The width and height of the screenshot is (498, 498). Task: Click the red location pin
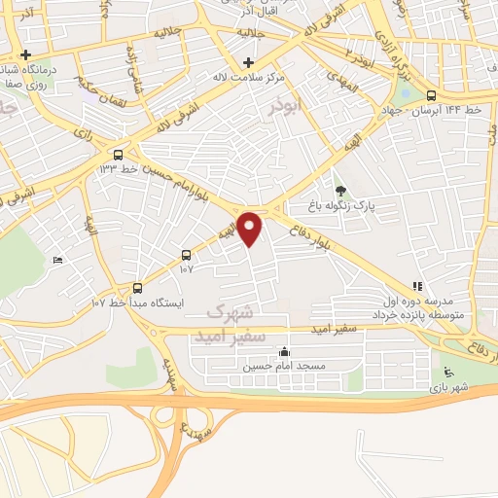[251, 228]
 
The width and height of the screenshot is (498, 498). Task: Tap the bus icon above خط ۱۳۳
[119, 154]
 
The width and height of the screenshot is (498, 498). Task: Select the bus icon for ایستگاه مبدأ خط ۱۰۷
[137, 288]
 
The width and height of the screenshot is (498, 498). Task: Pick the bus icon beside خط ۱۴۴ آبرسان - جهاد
[431, 94]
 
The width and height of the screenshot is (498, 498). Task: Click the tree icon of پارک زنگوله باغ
[339, 189]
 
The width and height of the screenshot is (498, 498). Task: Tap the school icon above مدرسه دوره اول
[417, 286]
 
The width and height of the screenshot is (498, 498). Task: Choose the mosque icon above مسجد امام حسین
[284, 352]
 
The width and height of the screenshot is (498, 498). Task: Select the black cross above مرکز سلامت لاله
[248, 62]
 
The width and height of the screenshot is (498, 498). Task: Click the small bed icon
[57, 259]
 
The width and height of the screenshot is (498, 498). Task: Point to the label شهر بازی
[450, 388]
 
